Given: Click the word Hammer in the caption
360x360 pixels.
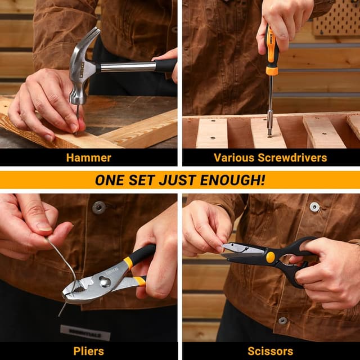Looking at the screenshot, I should (x=88, y=157).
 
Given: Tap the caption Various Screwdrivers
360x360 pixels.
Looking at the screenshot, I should (x=270, y=157).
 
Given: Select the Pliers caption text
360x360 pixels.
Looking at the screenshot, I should (x=88, y=351).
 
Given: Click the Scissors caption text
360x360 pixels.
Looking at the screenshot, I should (x=270, y=351).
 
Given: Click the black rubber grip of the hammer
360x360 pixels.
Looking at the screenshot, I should (x=164, y=65).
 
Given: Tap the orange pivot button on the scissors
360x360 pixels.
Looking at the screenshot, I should (x=271, y=256).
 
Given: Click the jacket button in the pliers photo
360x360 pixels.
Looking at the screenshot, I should (x=99, y=207).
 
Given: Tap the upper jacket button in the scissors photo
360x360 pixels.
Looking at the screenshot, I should (x=315, y=206).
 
